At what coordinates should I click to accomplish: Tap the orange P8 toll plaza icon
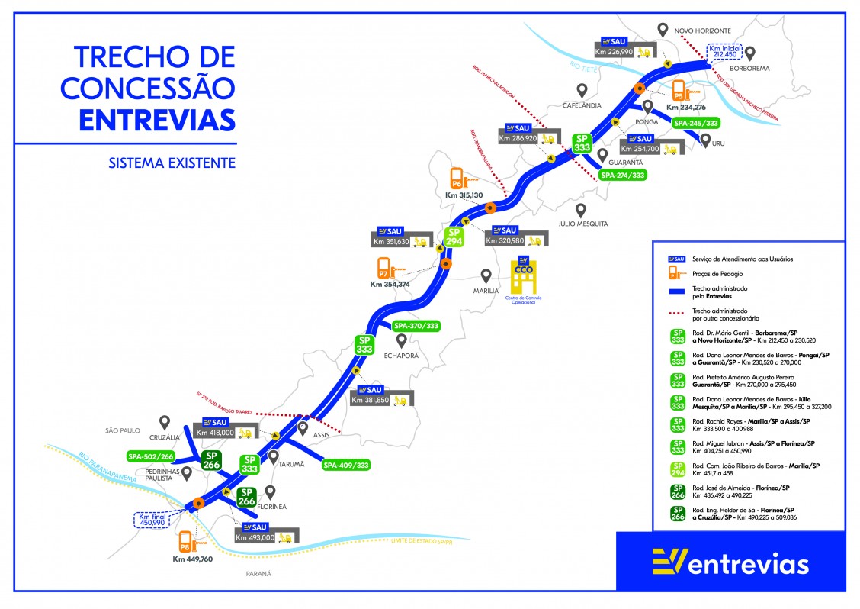[x=185, y=543]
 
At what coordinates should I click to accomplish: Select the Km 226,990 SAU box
[x=624, y=47]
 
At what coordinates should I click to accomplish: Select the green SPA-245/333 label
[x=695, y=122]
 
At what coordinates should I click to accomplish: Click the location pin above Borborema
[x=750, y=53]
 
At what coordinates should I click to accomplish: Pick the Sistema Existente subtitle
[x=172, y=163]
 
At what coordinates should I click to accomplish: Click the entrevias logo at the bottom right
[x=730, y=563]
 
